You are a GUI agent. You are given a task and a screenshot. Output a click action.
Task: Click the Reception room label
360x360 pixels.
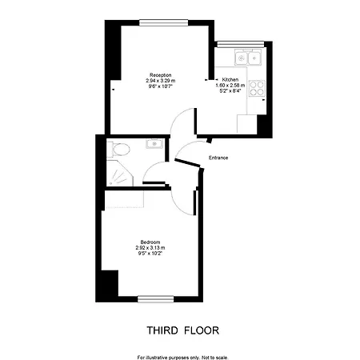pos(161,75)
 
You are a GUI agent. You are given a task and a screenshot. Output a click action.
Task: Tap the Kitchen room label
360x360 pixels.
pos(230,79)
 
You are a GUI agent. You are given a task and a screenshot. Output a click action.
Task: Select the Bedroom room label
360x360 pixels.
pos(150,242)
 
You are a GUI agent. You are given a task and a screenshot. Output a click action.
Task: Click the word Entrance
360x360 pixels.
pos(218,158)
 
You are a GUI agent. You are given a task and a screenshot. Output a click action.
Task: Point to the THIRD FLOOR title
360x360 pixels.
pos(183,330)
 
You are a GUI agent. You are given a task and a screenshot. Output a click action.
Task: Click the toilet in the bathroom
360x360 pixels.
pos(118,150)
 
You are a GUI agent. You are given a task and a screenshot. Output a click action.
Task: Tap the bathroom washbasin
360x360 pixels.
pos(154,144)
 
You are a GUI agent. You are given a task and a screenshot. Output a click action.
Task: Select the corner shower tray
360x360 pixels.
pos(119,174)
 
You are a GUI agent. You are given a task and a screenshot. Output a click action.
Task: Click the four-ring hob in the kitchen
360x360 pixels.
pos(257,88)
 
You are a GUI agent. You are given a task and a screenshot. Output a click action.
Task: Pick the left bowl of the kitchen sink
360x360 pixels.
pos(241,58)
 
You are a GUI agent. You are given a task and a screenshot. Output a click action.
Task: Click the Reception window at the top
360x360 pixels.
pos(163,22)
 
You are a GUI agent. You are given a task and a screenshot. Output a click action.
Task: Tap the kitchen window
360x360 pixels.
pos(241,44)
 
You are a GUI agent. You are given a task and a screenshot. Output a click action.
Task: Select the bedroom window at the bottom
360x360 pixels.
pos(156,299)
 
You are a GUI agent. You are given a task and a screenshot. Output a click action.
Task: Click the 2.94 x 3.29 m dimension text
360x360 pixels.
pos(161,81)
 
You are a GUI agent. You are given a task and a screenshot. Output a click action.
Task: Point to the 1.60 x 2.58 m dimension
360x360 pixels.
pos(230,86)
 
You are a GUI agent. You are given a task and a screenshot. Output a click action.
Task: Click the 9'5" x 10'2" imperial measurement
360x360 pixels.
pos(150,254)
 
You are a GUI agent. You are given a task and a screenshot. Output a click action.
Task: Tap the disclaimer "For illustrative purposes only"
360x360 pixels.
pos(169,358)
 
